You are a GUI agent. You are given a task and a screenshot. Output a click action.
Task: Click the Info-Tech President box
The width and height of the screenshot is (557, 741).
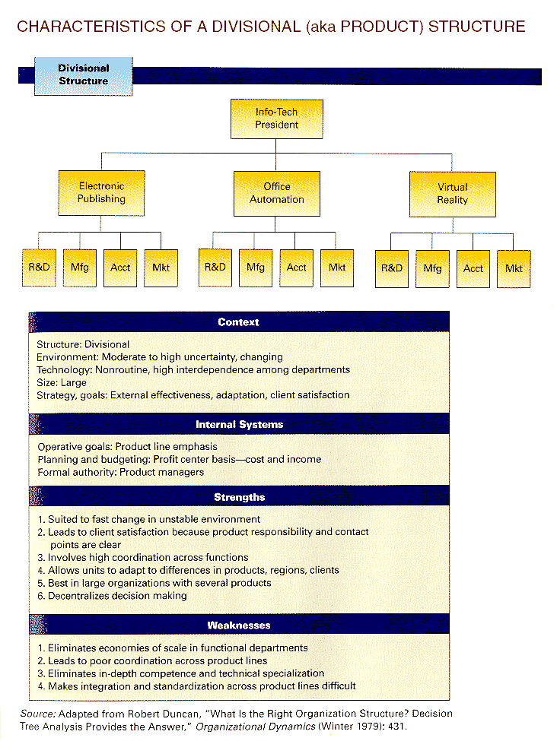pyautogui.click(x=277, y=119)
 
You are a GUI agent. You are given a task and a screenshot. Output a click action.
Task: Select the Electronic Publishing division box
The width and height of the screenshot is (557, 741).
pyautogui.click(x=101, y=193)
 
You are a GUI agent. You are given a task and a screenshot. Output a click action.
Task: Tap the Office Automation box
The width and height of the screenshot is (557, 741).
pyautogui.click(x=277, y=193)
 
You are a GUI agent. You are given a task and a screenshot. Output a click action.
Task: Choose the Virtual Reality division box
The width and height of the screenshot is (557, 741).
pyautogui.click(x=453, y=195)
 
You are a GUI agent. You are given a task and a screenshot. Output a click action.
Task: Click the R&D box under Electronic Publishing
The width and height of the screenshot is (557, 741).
pyautogui.click(x=39, y=268)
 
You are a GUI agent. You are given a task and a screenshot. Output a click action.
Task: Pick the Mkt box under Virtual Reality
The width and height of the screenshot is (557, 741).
pyautogui.click(x=514, y=269)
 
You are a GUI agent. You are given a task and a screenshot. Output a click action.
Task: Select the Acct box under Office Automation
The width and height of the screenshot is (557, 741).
pyautogui.click(x=296, y=268)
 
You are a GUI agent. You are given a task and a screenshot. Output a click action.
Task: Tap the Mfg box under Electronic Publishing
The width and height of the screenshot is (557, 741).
pyautogui.click(x=79, y=268)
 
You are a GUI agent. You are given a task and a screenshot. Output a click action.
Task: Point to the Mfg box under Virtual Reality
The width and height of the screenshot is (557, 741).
pyautogui.click(x=432, y=269)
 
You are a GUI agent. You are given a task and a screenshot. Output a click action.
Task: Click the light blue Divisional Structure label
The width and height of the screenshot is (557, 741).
pyautogui.click(x=83, y=76)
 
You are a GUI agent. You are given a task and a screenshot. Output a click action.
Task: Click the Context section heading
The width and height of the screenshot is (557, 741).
pyautogui.click(x=238, y=321)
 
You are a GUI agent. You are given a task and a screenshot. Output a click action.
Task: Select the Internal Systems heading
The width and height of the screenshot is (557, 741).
pyautogui.click(x=240, y=424)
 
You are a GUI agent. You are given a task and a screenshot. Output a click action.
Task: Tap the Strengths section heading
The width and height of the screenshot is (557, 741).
pyautogui.click(x=240, y=497)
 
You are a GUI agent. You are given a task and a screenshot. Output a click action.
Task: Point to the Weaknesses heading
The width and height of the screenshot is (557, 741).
pyautogui.click(x=239, y=625)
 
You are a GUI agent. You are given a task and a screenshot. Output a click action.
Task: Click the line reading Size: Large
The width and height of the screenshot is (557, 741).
pyautogui.click(x=62, y=382)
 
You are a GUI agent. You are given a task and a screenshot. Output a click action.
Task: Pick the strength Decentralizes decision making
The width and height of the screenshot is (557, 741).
pyautogui.click(x=112, y=596)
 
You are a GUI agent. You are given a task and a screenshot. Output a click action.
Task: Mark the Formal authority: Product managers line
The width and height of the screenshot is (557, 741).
pyautogui.click(x=121, y=472)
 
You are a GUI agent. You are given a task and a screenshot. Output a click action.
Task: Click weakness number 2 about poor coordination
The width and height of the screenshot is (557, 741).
pyautogui.click(x=152, y=660)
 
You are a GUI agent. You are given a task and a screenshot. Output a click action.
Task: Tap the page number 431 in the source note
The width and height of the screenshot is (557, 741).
pyautogui.click(x=396, y=727)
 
